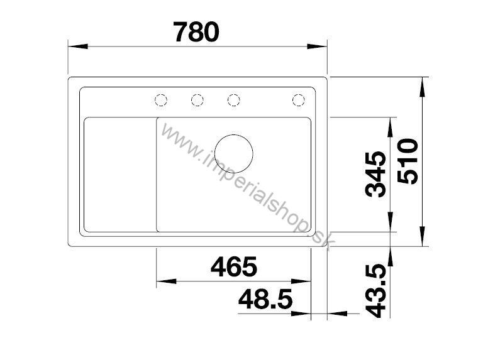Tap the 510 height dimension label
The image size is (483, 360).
point(409,161)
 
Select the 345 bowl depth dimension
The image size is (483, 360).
point(377,174)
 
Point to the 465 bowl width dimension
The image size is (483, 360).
point(234,267)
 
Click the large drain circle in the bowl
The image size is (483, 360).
point(233,152)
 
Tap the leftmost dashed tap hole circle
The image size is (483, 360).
point(161,99)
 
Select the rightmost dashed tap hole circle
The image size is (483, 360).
point(298,99)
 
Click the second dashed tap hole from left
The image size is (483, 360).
point(197,99)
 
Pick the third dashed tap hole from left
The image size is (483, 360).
point(233,99)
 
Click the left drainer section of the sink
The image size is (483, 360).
point(119,174)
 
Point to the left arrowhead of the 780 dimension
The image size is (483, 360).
point(74,46)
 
